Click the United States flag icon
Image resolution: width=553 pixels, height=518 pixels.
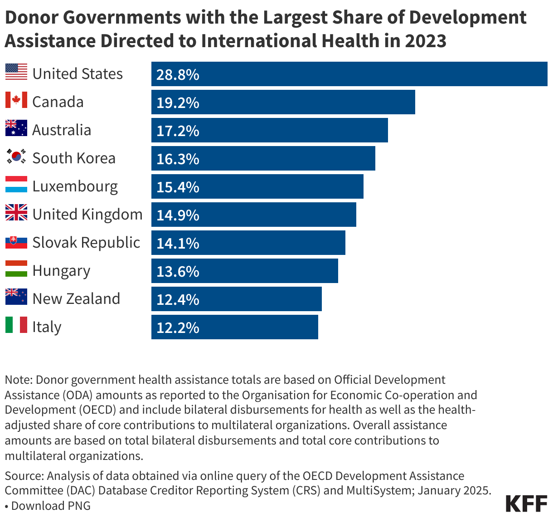pyautogui.click(x=16, y=72)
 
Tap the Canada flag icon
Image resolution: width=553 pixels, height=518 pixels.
pyautogui.click(x=16, y=100)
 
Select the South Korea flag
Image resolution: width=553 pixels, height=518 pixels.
pyautogui.click(x=16, y=156)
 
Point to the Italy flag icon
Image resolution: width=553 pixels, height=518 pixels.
pyautogui.click(x=16, y=325)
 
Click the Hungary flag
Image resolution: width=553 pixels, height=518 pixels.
pyautogui.click(x=16, y=269)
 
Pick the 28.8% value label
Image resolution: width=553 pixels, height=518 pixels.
pyautogui.click(x=178, y=74)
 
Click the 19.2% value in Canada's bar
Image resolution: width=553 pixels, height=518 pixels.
pyautogui.click(x=178, y=103)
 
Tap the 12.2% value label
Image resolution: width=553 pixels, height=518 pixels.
pyautogui.click(x=178, y=327)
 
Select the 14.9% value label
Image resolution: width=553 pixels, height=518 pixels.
pyautogui.click(x=178, y=215)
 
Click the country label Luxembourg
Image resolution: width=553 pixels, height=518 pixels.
pyautogui.click(x=75, y=186)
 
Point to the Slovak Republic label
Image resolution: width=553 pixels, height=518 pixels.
pyautogui.click(x=86, y=243)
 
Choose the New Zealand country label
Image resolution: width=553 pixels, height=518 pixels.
pyautogui.click(x=76, y=299)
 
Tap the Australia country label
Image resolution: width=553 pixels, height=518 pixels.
pyautogui.click(x=62, y=130)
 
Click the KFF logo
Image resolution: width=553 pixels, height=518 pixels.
pyautogui.click(x=526, y=504)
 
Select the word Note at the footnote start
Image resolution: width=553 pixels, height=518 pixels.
pyautogui.click(x=18, y=380)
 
